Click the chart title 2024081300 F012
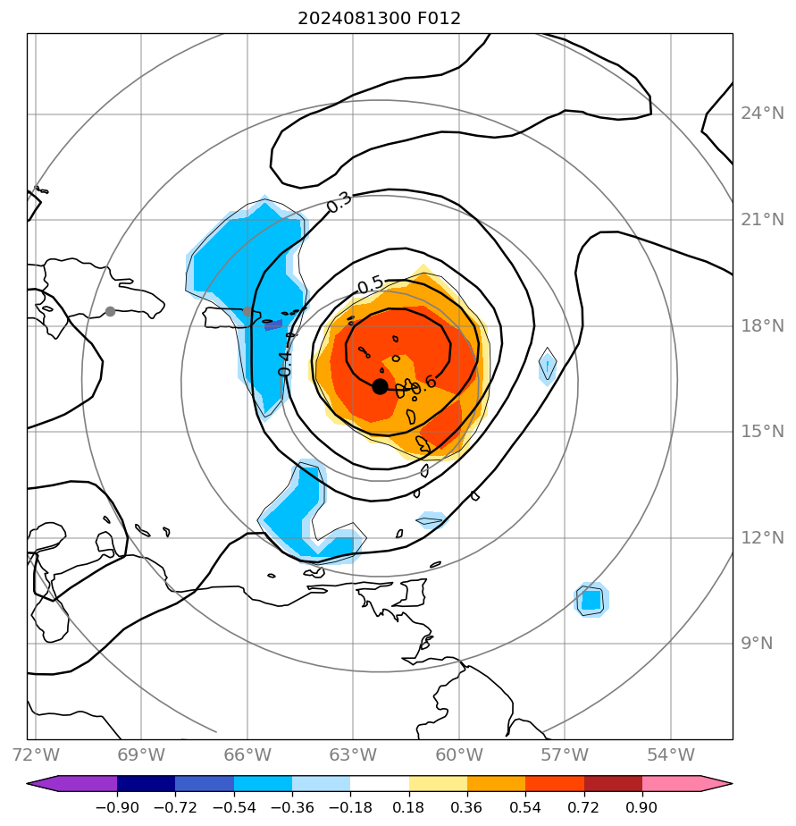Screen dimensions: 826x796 (380, 18)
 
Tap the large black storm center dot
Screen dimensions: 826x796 (380, 386)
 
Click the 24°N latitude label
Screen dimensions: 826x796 (762, 114)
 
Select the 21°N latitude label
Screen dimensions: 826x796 (762, 220)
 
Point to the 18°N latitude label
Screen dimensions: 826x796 (762, 325)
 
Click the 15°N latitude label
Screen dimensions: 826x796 (762, 432)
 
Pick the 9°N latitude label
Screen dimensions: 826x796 (756, 643)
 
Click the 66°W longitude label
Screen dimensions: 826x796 (247, 754)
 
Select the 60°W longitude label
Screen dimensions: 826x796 (459, 754)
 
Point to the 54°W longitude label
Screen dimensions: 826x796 (671, 754)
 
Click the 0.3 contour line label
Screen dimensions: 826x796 (339, 202)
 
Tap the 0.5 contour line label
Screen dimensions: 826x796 (370, 285)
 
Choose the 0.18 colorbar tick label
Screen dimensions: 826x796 (409, 807)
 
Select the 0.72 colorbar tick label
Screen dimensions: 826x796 (584, 807)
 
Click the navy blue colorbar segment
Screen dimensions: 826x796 (146, 784)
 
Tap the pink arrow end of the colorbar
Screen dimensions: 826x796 (715, 784)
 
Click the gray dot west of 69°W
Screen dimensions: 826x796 (110, 311)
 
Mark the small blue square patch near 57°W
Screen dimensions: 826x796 (591, 600)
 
